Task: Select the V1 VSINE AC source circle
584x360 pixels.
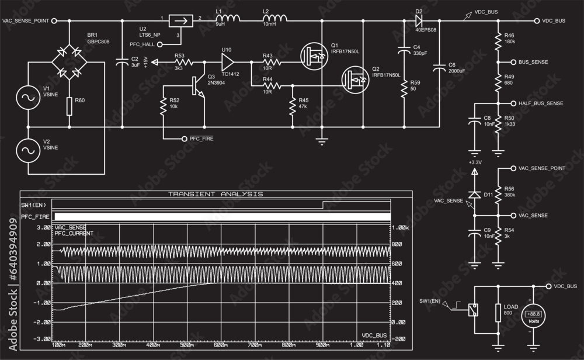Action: pyautogui.click(x=27, y=95)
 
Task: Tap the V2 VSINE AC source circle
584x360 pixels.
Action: pyautogui.click(x=27, y=150)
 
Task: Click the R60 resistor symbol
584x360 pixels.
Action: pyautogui.click(x=69, y=106)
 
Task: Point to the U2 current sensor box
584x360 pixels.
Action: pyautogui.click(x=180, y=21)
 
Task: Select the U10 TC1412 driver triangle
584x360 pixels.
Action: pyautogui.click(x=228, y=61)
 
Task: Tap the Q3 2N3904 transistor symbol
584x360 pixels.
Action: pyautogui.click(x=199, y=85)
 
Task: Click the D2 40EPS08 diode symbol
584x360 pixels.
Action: pyautogui.click(x=419, y=21)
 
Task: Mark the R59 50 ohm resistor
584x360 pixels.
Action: pyautogui.click(x=403, y=88)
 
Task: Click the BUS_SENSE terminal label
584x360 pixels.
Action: pyautogui.click(x=532, y=61)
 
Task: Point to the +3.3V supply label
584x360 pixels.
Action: pyautogui.click(x=474, y=162)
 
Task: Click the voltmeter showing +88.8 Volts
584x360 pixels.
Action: pyautogui.click(x=533, y=316)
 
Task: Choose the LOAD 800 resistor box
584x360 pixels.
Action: pyautogui.click(x=498, y=313)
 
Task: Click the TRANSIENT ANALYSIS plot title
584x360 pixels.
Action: pyautogui.click(x=215, y=193)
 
